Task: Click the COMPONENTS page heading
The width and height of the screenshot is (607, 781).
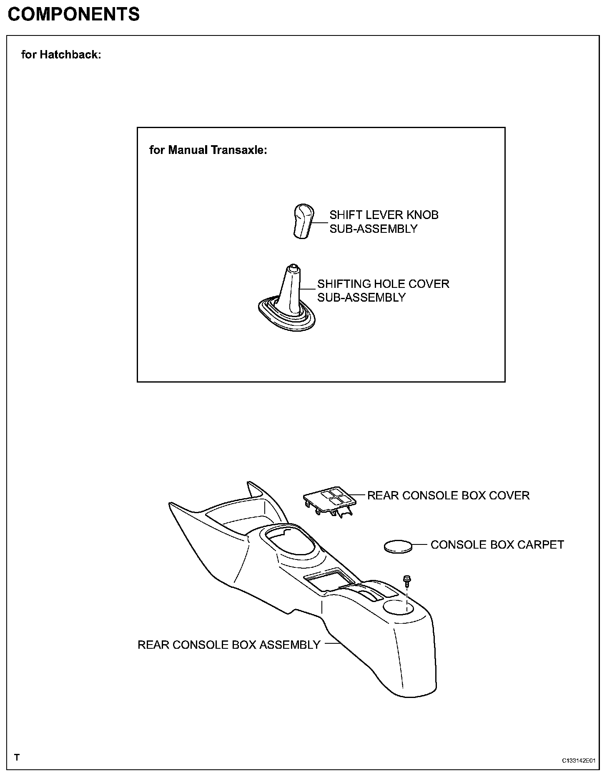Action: click(74, 15)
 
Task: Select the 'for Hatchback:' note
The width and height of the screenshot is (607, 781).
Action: click(61, 55)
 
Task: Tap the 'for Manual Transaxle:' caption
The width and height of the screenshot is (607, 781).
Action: click(208, 150)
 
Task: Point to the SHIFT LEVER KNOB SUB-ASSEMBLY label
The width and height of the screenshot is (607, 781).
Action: click(384, 222)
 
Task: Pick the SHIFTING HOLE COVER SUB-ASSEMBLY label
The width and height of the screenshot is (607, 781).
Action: click(383, 291)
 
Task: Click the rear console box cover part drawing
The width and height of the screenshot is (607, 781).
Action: click(330, 502)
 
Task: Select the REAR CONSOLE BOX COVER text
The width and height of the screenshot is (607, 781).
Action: click(448, 496)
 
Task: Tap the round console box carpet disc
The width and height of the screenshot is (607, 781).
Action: click(398, 546)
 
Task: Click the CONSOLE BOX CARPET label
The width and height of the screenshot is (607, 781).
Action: click(497, 545)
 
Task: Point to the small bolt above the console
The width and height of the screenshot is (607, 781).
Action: click(407, 580)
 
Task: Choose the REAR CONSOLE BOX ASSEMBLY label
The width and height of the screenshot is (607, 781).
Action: click(229, 645)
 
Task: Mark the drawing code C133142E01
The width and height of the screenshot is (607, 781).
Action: click(579, 761)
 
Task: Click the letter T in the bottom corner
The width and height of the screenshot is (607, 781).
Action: click(17, 758)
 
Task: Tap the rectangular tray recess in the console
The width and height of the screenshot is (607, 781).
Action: click(325, 582)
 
